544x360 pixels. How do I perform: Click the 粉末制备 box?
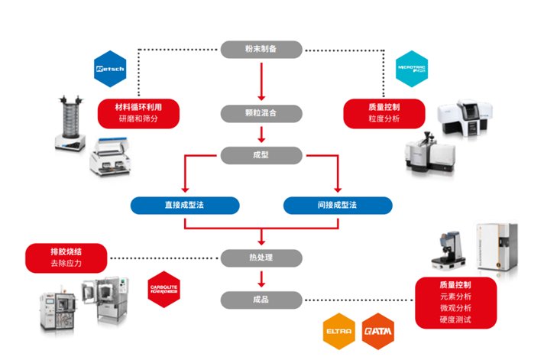point(261,50)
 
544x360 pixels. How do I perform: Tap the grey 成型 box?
point(261,156)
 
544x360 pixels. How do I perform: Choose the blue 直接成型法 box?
point(184,205)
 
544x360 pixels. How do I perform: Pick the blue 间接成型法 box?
point(338,205)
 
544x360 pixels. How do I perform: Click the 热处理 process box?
point(261,257)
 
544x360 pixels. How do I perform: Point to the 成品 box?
point(261,299)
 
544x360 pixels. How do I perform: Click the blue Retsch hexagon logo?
point(108,70)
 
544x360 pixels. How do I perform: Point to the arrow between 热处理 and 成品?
point(261,278)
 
